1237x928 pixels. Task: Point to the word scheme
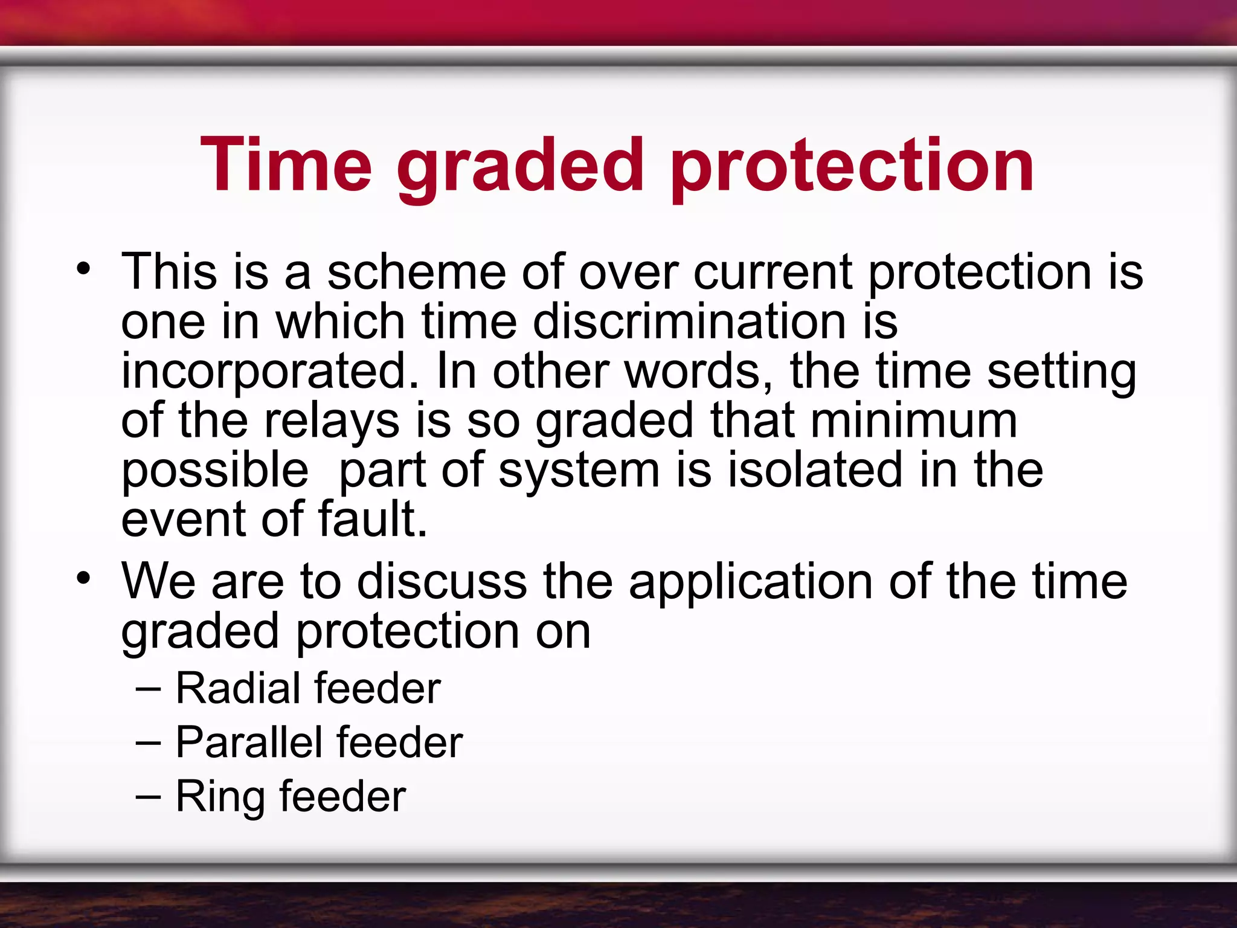[417, 272]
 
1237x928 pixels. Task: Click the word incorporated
[269, 372]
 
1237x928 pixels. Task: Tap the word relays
[332, 421]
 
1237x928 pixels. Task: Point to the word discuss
[442, 581]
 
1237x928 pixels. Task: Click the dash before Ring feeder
[149, 797]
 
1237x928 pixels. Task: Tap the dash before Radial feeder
[149, 688]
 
